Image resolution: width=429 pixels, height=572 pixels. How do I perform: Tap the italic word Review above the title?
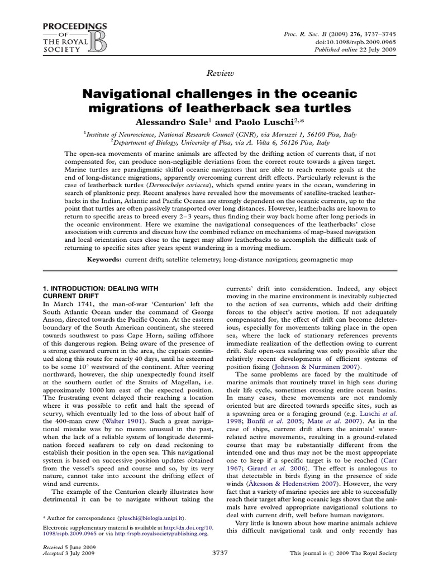click(x=214, y=73)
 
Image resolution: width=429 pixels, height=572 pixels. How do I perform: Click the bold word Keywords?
click(x=105, y=260)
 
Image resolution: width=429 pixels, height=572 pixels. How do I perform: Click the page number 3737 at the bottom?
click(x=214, y=552)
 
